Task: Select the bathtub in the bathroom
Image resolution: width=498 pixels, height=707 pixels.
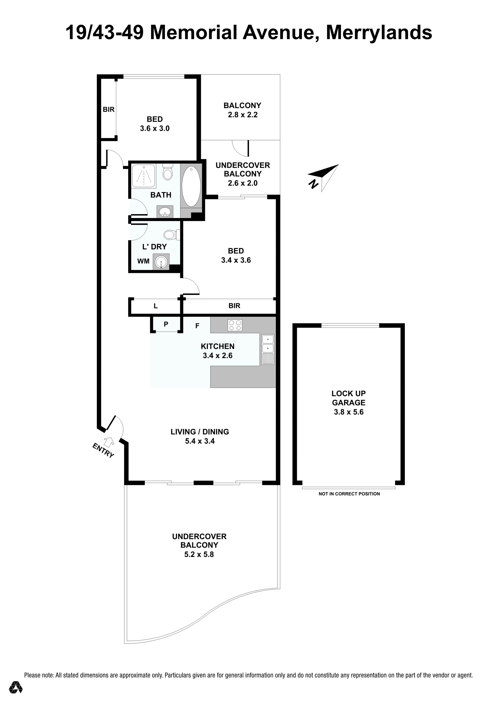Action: point(191,186)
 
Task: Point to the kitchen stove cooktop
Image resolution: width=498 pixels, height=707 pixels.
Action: point(235,325)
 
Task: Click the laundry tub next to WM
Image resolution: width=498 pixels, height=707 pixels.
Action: point(161,262)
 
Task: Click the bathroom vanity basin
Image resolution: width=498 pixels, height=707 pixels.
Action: point(165,212)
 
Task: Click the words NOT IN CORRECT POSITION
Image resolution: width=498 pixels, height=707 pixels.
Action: point(349,494)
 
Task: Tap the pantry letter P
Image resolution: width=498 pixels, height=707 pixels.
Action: point(166,324)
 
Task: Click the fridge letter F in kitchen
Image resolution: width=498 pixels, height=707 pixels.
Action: point(197,326)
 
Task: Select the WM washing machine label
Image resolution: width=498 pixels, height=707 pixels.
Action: point(143,261)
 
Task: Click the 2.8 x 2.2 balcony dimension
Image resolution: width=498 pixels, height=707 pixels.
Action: point(243,115)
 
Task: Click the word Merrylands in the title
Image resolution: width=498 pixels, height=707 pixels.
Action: point(379,33)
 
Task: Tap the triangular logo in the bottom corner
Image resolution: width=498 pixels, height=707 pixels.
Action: point(16,687)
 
